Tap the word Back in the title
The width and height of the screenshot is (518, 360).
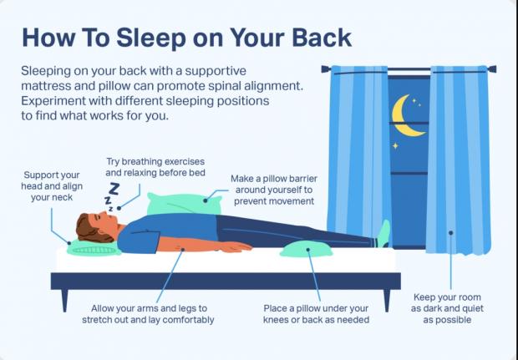point(322,38)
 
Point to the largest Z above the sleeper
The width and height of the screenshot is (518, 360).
point(114,189)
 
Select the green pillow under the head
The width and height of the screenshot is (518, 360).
point(94,248)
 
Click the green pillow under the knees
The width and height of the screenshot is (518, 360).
point(306,249)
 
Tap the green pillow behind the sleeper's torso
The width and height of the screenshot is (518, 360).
point(184,204)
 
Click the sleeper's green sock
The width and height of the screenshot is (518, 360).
point(383,234)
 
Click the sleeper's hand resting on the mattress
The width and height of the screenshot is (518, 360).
point(236,246)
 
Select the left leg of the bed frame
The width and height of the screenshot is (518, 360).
point(64,300)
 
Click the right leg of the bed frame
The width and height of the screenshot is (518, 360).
point(387,300)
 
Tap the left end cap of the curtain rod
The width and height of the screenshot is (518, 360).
point(326,68)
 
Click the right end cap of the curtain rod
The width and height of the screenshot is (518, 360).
point(492,69)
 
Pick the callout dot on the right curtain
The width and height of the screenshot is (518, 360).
point(450,233)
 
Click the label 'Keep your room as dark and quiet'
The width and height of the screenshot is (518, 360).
point(447,302)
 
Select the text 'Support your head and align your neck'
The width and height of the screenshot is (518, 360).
point(52,186)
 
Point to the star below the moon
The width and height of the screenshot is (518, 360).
point(395,145)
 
